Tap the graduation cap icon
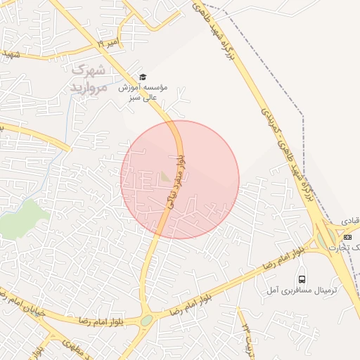[x=143, y=77]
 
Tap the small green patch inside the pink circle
[x=165, y=176]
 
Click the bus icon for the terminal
[x=302, y=278]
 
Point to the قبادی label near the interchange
[x=350, y=221]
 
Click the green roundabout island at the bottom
[x=146, y=321]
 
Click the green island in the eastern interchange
[x=325, y=238]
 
